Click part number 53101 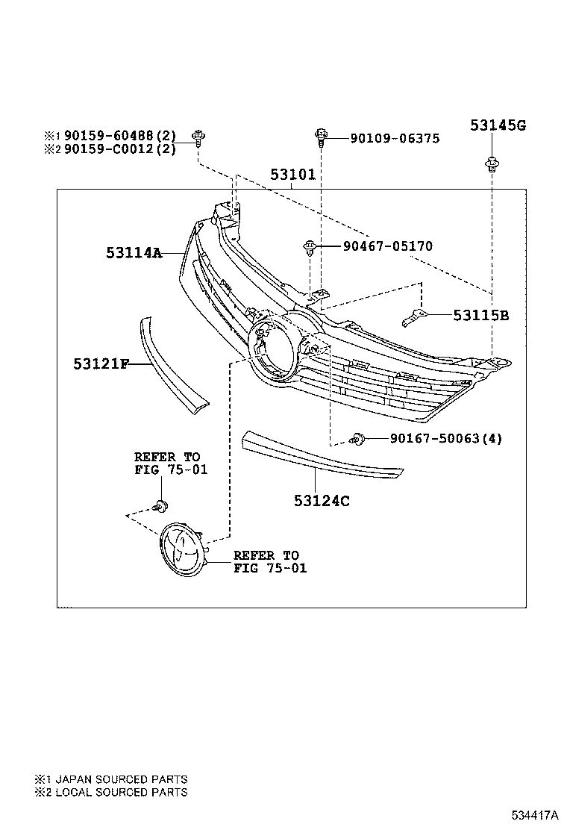coord(292,175)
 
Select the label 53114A coord(134,253)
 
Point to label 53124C coord(322,501)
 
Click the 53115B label coord(480,316)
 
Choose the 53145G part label coord(497,125)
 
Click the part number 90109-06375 coord(384,138)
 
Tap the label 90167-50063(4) coord(445,438)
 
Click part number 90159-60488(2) coord(119,135)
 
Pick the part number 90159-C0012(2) coord(119,149)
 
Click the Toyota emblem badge coord(182,549)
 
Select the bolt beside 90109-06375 coord(320,136)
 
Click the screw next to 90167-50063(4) coord(359,440)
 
